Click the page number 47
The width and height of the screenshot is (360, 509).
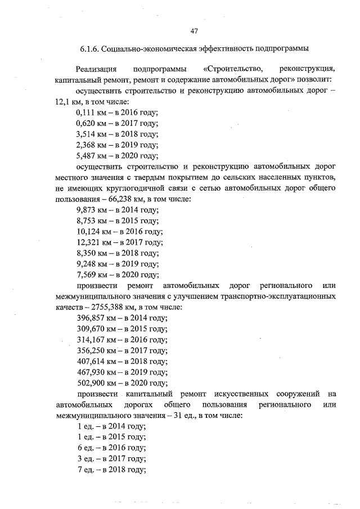(195, 30)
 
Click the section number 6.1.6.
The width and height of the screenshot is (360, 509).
(89, 49)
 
